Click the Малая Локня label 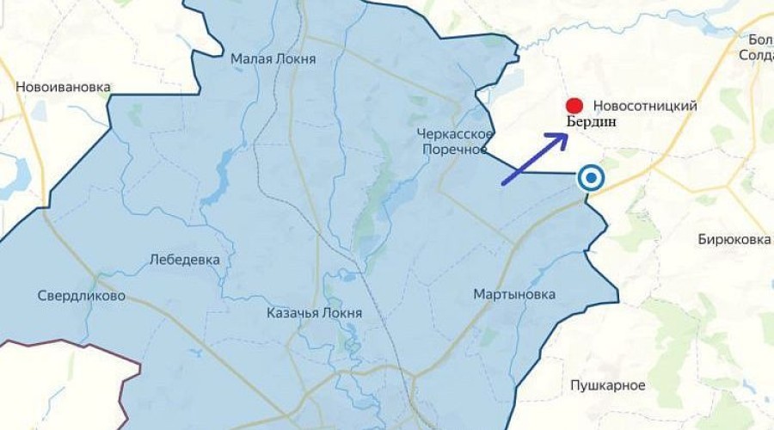[x=273, y=59]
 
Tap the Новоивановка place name [x=64, y=87]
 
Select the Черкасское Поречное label [x=454, y=141]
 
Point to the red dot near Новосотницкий [x=574, y=106]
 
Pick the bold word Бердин [x=591, y=123]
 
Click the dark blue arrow [x=533, y=158]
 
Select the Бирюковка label [x=733, y=240]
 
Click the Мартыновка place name [x=514, y=295]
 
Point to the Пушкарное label [x=606, y=383]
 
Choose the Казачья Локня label [x=315, y=314]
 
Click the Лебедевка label [x=184, y=259]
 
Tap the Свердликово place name [x=82, y=297]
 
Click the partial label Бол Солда [x=757, y=47]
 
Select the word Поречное [x=454, y=149]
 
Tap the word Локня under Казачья [x=341, y=314]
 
